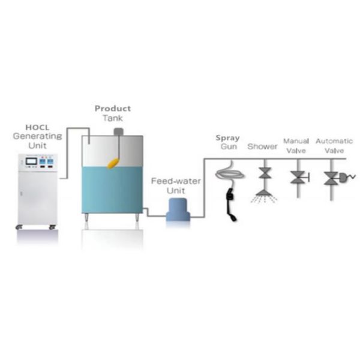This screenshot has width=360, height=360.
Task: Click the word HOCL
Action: (x=37, y=127)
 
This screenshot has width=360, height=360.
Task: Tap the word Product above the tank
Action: (x=113, y=109)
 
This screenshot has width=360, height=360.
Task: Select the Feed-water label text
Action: (x=176, y=181)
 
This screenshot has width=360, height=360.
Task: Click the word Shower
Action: (x=262, y=146)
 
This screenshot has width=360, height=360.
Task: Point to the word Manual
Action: (x=296, y=141)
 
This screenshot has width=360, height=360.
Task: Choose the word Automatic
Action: (x=334, y=141)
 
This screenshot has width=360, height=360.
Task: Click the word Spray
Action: (x=228, y=138)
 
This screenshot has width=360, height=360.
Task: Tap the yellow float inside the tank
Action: (x=113, y=163)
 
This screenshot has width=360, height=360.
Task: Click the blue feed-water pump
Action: (x=178, y=209)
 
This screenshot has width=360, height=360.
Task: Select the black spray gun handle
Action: (x=231, y=204)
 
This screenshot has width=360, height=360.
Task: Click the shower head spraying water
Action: (x=264, y=196)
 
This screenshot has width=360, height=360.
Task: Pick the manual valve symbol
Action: (x=299, y=178)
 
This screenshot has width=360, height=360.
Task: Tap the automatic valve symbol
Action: (x=331, y=178)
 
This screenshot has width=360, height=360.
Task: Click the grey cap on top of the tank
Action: (x=119, y=131)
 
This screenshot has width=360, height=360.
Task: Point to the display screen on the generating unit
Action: (x=31, y=161)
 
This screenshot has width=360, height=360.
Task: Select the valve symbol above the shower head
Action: (x=265, y=173)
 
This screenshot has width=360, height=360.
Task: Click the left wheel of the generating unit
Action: (x=19, y=227)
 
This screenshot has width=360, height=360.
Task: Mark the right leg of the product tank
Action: (x=137, y=217)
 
